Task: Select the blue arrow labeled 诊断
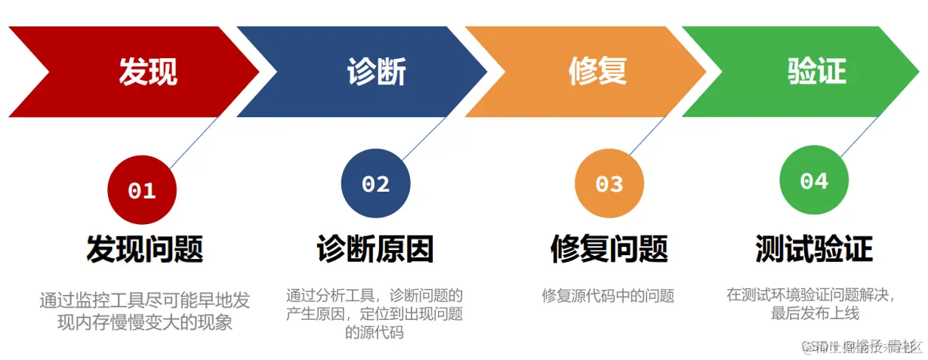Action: (375, 72)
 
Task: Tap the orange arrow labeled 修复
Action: (597, 72)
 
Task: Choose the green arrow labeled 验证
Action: (815, 72)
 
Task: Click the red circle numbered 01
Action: (142, 190)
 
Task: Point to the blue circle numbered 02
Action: (375, 183)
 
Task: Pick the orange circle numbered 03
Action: (609, 183)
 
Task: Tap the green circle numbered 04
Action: (814, 181)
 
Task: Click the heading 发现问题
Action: (144, 248)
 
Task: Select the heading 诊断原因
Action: (375, 248)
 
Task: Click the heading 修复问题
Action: (609, 248)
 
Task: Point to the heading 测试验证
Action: (814, 248)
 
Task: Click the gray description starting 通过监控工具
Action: (144, 312)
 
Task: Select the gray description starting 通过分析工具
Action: (375, 312)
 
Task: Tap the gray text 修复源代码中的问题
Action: (608, 296)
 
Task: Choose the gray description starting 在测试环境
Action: (814, 303)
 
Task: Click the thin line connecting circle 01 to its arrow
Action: (193, 143)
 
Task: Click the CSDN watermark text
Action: (861, 346)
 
